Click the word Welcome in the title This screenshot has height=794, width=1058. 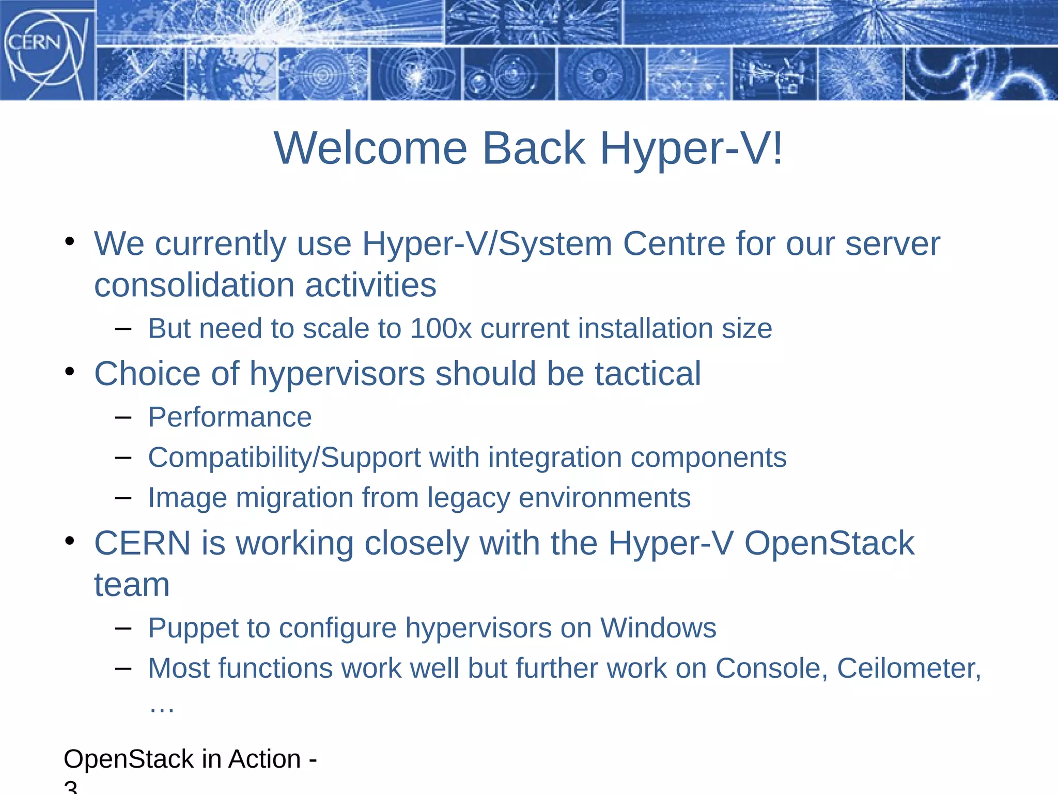pyautogui.click(x=370, y=148)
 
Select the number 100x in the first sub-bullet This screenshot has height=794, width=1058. pyautogui.click(x=441, y=329)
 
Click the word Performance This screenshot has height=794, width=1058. pyautogui.click(x=230, y=417)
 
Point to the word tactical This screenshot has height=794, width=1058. pyautogui.click(x=648, y=374)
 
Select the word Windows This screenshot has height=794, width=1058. pyautogui.click(x=658, y=629)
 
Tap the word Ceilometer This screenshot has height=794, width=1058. pyautogui.click(x=908, y=668)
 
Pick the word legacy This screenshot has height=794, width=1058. pyautogui.click(x=469, y=498)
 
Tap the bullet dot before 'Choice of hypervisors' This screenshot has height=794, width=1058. pyautogui.click(x=70, y=372)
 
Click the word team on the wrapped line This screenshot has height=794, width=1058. pyautogui.click(x=132, y=585)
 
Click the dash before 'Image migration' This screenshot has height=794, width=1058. pyautogui.click(x=123, y=498)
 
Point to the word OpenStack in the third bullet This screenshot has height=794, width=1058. pyautogui.click(x=829, y=543)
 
